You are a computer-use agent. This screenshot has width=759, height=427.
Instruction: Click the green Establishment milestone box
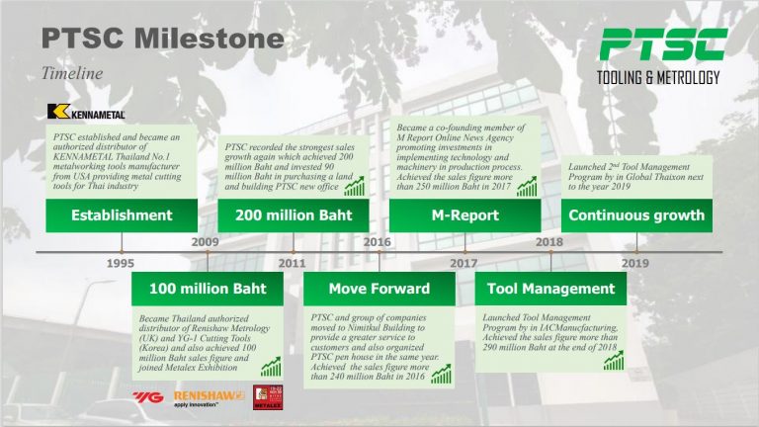(x=122, y=214)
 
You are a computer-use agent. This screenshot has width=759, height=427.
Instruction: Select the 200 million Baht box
(x=293, y=214)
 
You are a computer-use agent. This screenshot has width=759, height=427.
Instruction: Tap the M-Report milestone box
(x=464, y=214)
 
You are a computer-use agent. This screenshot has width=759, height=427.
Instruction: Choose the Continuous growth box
(x=636, y=214)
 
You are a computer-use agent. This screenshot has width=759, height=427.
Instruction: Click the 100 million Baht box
(x=207, y=289)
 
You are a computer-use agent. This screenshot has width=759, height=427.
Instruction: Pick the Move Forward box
(x=379, y=289)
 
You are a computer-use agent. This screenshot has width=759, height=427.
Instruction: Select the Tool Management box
(x=550, y=289)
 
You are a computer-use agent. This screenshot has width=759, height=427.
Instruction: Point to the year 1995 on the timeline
(x=121, y=264)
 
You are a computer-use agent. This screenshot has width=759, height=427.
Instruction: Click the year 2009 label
(x=206, y=241)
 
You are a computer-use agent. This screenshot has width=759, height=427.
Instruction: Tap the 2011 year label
(x=292, y=264)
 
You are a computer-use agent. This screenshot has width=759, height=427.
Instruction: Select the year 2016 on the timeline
(x=378, y=241)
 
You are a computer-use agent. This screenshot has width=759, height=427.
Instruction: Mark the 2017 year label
(x=464, y=264)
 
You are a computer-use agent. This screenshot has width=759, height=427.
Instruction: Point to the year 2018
(x=549, y=241)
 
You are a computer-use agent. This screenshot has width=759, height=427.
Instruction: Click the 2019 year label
(x=635, y=264)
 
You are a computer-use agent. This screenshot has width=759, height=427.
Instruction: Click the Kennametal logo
(x=85, y=112)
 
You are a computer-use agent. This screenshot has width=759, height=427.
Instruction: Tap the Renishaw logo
(x=208, y=397)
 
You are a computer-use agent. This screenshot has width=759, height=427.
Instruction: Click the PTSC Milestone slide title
(x=162, y=40)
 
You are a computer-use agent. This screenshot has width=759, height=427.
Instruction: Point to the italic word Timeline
(x=72, y=72)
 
